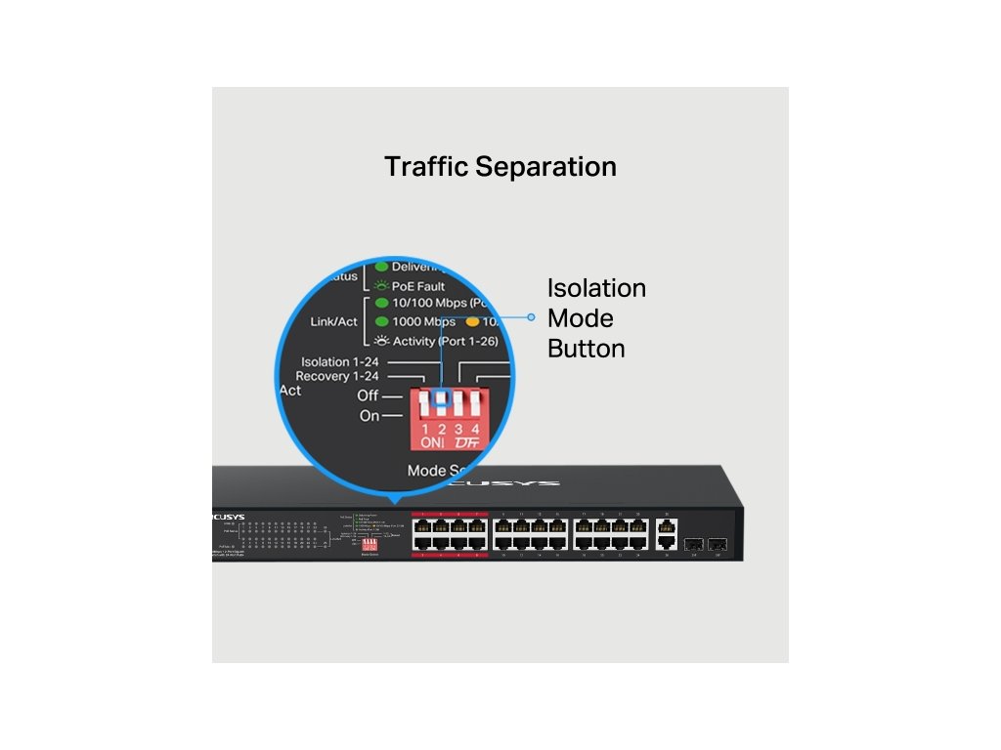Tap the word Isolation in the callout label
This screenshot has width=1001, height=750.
click(x=596, y=288)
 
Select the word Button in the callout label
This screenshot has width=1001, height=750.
click(x=586, y=349)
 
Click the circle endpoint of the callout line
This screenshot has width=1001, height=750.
click(x=531, y=316)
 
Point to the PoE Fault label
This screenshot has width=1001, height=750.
click(x=418, y=286)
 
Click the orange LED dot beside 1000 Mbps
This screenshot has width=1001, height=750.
click(x=472, y=321)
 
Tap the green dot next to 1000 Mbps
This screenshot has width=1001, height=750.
click(x=382, y=321)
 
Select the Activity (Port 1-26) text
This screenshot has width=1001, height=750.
click(x=445, y=341)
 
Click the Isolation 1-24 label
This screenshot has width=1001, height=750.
click(x=340, y=361)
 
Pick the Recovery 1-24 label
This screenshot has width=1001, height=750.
click(x=337, y=376)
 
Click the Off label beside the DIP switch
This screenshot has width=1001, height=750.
click(x=368, y=396)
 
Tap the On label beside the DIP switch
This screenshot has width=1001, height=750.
click(x=370, y=416)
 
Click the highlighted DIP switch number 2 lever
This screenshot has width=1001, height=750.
click(x=442, y=400)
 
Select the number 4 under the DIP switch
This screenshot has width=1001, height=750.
click(x=475, y=430)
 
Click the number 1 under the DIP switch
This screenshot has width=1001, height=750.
click(x=426, y=430)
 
